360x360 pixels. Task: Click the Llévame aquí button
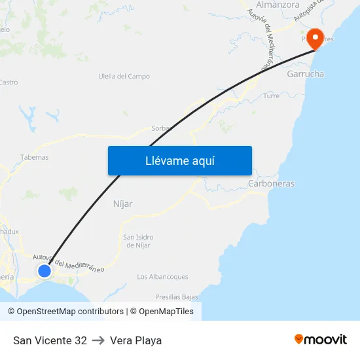click(179, 160)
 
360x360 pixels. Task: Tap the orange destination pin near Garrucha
click(315, 38)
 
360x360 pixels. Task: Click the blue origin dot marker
click(45, 270)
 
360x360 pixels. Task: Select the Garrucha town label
click(305, 74)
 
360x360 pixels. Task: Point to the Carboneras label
click(271, 184)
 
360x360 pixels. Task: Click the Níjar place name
click(123, 204)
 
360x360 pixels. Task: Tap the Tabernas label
click(34, 157)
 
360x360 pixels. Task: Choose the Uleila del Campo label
click(124, 77)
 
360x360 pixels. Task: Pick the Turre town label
click(271, 96)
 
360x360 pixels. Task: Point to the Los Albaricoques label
click(162, 277)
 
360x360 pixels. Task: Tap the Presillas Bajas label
click(177, 297)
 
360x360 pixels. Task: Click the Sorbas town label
click(161, 128)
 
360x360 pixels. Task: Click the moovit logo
click(320, 340)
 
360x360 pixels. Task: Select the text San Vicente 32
click(50, 340)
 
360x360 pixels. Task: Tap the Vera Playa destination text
click(135, 340)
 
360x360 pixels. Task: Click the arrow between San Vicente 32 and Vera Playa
click(98, 340)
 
